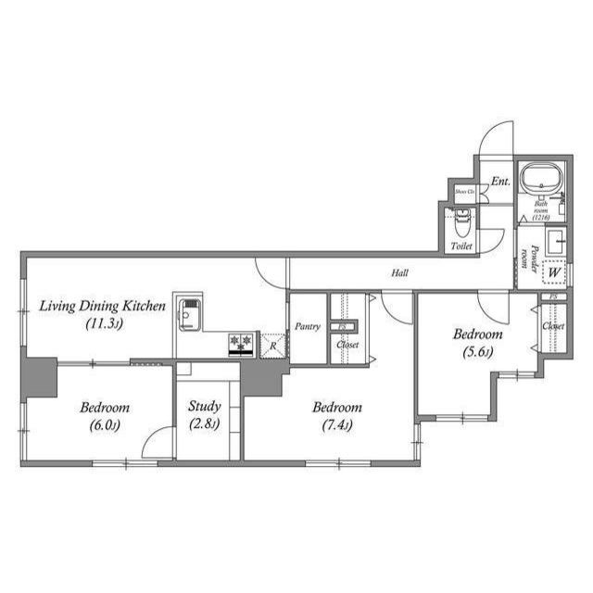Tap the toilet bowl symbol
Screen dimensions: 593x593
pos(461,222)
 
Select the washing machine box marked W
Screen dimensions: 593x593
pos(554,272)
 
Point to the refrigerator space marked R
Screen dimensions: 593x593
pos(272,346)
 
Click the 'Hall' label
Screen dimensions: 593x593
pos(399,272)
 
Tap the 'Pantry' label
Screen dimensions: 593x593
pos(307,327)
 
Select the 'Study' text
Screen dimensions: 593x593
pos(204,406)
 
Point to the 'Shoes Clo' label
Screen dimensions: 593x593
pos(463,192)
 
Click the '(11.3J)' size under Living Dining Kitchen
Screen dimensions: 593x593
pos(104,323)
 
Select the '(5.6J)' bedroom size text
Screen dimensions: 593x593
pos(477,351)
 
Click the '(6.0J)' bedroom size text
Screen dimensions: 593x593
pos(103,425)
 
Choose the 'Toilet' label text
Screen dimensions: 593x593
pos(461,246)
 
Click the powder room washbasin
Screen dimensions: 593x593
pos(558,242)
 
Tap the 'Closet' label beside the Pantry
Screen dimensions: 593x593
pos(347,345)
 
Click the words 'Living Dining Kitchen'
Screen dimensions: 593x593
pos(102,306)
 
